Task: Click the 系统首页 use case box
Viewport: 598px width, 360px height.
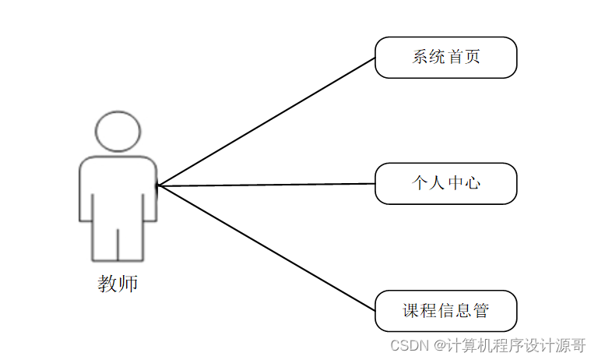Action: coord(445,58)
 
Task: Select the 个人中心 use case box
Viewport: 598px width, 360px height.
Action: coord(445,184)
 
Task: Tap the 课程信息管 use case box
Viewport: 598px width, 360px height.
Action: coord(445,311)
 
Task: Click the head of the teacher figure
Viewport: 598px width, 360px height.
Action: coord(118,131)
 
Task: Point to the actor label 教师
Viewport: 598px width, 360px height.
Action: coord(118,284)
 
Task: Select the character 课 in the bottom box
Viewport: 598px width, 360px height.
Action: coord(411,311)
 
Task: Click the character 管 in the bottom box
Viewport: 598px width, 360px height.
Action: coord(480,311)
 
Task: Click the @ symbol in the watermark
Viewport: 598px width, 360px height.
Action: coord(440,344)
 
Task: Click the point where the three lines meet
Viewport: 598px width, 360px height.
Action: coord(158,185)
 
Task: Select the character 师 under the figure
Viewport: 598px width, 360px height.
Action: coord(128,284)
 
